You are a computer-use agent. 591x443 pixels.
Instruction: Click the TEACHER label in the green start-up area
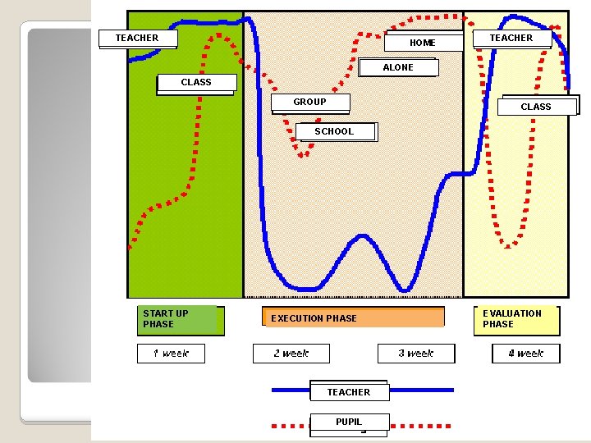pos(138,39)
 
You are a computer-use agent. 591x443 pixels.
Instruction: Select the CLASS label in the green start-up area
pos(196,84)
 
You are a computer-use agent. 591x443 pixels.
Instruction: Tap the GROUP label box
pos(310,103)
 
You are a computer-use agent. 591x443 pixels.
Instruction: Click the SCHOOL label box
pos(337,132)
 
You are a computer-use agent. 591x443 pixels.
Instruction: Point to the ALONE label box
pos(398,67)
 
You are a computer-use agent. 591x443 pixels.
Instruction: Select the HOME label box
pos(424,42)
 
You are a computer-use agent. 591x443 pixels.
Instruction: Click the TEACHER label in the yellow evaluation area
pos(512,39)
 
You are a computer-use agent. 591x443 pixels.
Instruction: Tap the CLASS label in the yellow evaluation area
pos(538,106)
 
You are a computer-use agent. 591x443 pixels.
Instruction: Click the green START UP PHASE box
pos(181,320)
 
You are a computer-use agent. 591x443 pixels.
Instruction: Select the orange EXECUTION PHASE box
pos(353,317)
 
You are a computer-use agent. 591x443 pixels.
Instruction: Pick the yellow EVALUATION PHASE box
pos(517,320)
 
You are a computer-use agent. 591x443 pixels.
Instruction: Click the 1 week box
pos(171,354)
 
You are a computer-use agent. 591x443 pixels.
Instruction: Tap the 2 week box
pos(291,354)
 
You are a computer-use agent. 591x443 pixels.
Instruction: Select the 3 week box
pos(416,354)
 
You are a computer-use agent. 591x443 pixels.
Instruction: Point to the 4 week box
pos(526,354)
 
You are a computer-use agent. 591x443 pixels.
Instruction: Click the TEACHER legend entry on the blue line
pos(350,391)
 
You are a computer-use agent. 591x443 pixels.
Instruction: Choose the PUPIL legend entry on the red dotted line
pos(350,423)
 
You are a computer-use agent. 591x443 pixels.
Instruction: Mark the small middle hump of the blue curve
pos(362,236)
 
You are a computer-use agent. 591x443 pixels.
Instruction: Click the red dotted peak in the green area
pos(219,36)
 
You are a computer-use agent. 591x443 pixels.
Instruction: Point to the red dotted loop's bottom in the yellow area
pos(508,246)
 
